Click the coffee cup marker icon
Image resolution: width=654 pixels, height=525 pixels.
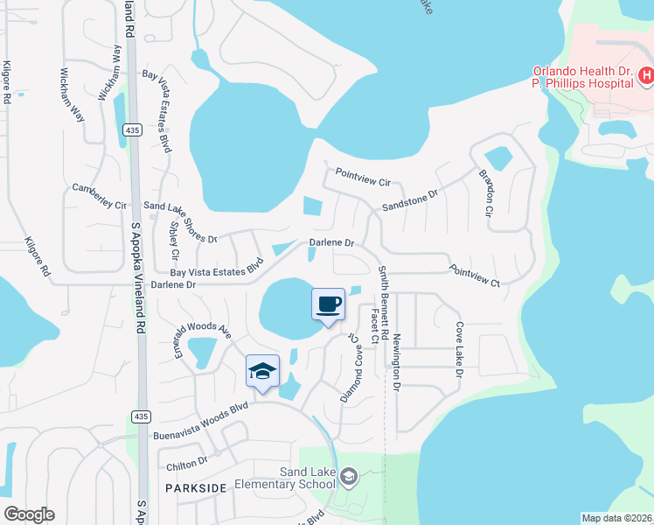(328, 304)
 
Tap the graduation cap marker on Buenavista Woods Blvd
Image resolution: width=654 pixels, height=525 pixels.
(262, 371)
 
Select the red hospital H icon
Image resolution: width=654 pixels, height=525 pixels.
(646, 77)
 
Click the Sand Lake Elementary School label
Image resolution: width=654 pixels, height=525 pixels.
(306, 479)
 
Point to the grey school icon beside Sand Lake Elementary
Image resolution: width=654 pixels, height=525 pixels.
(348, 476)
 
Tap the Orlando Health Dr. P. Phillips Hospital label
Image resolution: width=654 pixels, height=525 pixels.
(583, 77)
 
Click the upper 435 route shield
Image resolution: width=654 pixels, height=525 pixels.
(132, 129)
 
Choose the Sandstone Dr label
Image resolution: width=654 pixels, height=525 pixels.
(409, 202)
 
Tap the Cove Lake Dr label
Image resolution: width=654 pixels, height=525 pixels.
(458, 348)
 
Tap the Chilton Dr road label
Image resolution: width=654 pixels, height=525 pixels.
(184, 460)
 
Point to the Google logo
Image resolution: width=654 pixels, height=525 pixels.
(29, 514)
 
